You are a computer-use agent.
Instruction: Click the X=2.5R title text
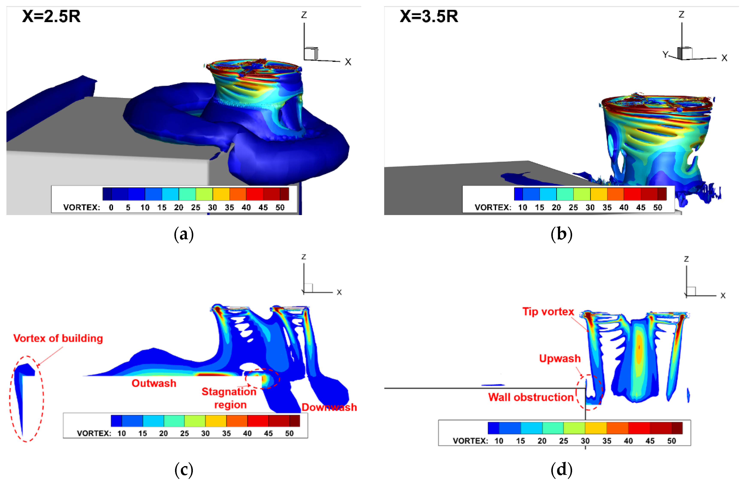tap(51, 16)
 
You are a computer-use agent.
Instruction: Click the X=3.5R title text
tap(429, 16)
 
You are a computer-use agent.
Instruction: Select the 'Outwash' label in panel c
tap(154, 383)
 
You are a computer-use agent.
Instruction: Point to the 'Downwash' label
tap(329, 407)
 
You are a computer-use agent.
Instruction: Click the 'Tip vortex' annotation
tap(548, 312)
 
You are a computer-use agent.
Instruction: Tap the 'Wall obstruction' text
tap(531, 397)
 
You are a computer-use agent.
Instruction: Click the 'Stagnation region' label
tap(229, 398)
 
